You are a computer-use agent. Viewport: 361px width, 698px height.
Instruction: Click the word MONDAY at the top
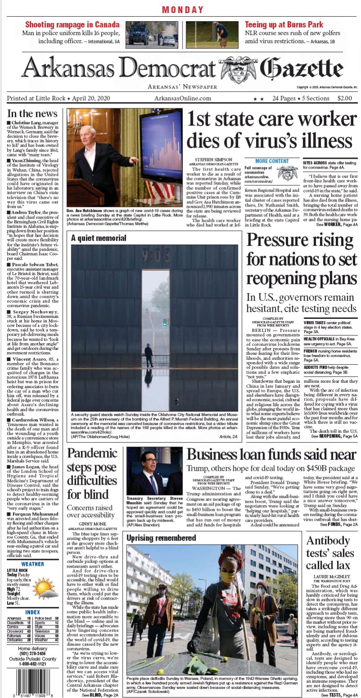point(183,10)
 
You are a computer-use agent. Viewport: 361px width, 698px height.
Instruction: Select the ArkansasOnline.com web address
point(182,98)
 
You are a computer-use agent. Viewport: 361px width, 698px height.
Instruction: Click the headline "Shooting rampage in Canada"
point(72,25)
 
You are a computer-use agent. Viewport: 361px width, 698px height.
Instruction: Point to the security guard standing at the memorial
point(149,354)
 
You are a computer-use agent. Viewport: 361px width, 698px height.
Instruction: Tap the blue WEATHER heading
point(32,564)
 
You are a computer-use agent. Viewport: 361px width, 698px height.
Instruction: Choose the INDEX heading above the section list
point(32,612)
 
